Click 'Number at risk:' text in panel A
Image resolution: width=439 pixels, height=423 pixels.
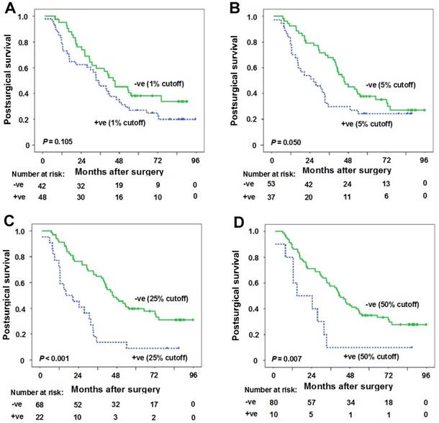point(35,172)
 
